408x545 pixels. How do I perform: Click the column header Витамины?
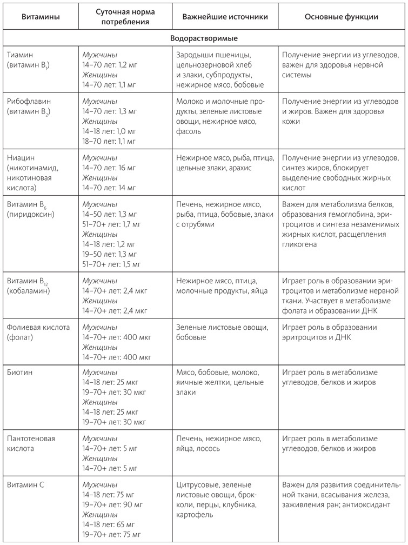(x=41, y=17)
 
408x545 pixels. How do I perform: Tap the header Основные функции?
(x=341, y=17)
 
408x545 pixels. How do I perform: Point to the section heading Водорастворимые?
(x=203, y=39)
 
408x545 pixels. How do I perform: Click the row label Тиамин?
(x=21, y=55)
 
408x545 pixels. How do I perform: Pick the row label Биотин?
(x=19, y=373)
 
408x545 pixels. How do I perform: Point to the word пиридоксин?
(x=31, y=214)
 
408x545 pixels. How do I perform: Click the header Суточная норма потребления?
(x=125, y=17)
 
